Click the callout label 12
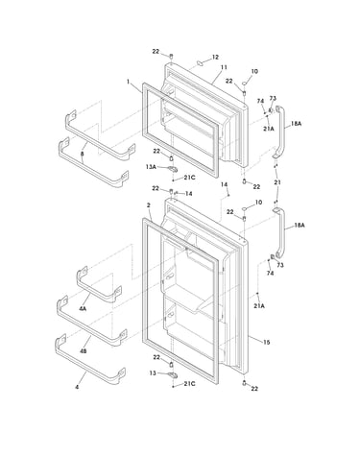coord(215,57)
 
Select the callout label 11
coord(224,67)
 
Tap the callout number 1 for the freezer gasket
coord(128,82)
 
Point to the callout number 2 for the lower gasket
coord(149,205)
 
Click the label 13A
coord(151,167)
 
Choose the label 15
coord(266,343)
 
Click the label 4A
coord(83,309)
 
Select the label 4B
coord(83,351)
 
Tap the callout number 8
coord(83,154)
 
